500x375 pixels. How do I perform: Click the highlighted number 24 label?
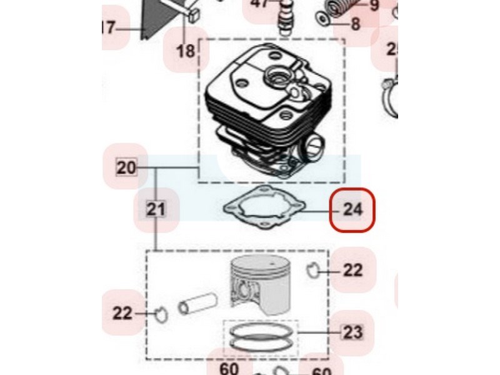pyautogui.click(x=352, y=209)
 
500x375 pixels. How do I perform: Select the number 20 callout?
pyautogui.click(x=126, y=167)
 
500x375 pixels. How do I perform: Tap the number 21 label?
pyautogui.click(x=156, y=209)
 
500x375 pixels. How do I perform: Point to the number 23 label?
pyautogui.click(x=352, y=332)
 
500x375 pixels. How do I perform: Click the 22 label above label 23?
pyautogui.click(x=352, y=270)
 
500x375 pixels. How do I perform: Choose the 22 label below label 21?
pyautogui.click(x=123, y=313)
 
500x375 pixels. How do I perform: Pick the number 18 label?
pyautogui.click(x=186, y=51)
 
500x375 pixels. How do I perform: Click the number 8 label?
pyautogui.click(x=355, y=25)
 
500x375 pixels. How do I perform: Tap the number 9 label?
pyautogui.click(x=374, y=6)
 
